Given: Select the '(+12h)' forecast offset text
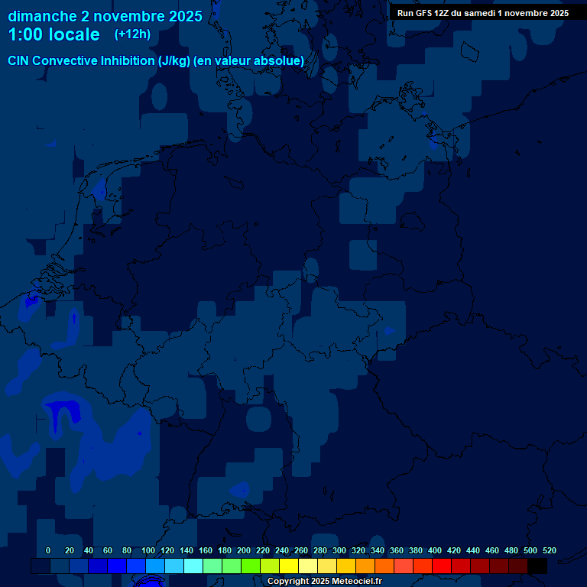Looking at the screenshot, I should click(x=132, y=34).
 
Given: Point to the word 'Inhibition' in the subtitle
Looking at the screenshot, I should click(x=127, y=60).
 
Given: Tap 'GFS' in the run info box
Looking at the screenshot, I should click(x=423, y=13).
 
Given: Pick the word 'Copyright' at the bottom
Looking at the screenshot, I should click(x=290, y=581).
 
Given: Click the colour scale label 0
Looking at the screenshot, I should click(x=48, y=550).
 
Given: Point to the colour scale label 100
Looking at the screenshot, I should click(x=148, y=550).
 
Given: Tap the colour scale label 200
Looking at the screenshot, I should click(x=244, y=550).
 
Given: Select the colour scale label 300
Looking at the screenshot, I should click(x=339, y=550).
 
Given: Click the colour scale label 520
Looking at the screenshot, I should click(x=550, y=550).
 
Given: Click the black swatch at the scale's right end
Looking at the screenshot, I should click(x=537, y=566).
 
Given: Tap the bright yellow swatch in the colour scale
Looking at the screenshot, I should click(x=289, y=566).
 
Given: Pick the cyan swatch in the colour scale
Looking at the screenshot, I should click(x=193, y=566).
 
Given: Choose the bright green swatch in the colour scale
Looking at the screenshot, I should click(x=251, y=566).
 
